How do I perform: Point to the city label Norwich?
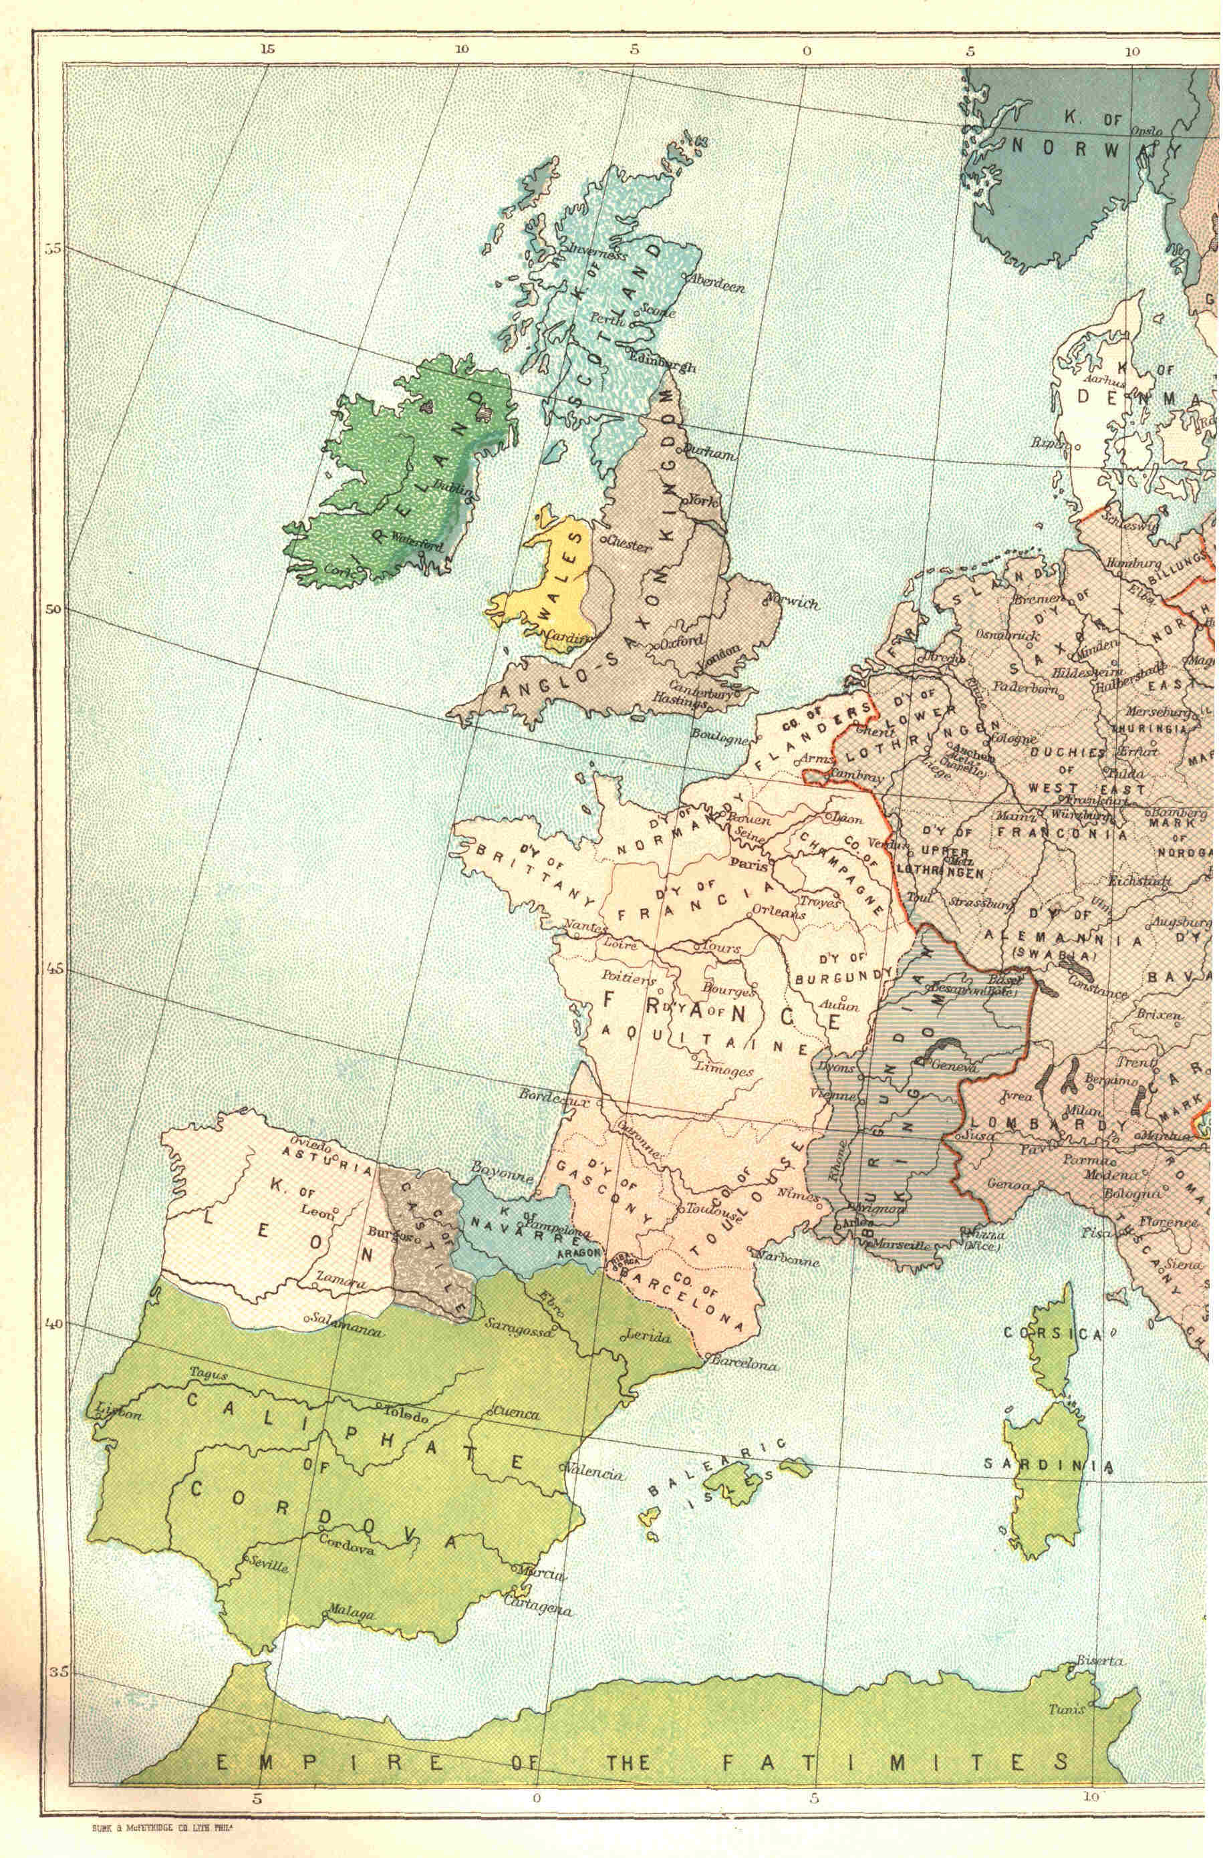[791, 604]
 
